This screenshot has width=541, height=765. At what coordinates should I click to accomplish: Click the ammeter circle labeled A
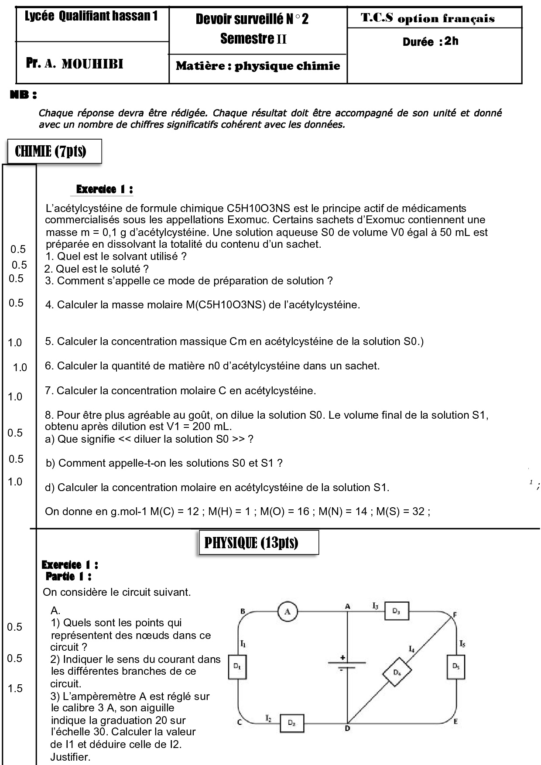pyautogui.click(x=288, y=611)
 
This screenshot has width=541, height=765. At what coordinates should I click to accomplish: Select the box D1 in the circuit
pyautogui.click(x=237, y=666)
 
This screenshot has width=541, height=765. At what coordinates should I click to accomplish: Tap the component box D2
pyautogui.click(x=291, y=723)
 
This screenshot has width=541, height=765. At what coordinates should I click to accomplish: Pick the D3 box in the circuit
pyautogui.click(x=397, y=611)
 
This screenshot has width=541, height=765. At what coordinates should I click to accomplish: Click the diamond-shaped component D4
pyautogui.click(x=397, y=672)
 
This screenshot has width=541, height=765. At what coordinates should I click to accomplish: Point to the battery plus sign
pyautogui.click(x=343, y=657)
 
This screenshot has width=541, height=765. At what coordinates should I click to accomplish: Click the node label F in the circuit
pyautogui.click(x=455, y=615)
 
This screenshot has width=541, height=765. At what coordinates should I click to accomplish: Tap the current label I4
pyautogui.click(x=411, y=649)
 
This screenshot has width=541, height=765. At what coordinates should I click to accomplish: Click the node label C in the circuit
pyautogui.click(x=240, y=722)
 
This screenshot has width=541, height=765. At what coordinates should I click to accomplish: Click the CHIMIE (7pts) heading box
pyautogui.click(x=51, y=151)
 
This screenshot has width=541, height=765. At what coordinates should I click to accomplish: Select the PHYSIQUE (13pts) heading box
pyautogui.click(x=252, y=543)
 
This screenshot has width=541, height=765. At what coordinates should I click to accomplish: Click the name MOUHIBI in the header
pyautogui.click(x=92, y=65)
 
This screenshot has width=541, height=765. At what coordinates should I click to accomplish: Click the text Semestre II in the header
pyautogui.click(x=253, y=39)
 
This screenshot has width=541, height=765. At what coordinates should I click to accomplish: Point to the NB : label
pyautogui.click(x=23, y=95)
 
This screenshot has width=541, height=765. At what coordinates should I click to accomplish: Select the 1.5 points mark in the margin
pyautogui.click(x=15, y=688)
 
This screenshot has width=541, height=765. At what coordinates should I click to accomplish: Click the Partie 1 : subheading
pyautogui.click(x=68, y=576)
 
